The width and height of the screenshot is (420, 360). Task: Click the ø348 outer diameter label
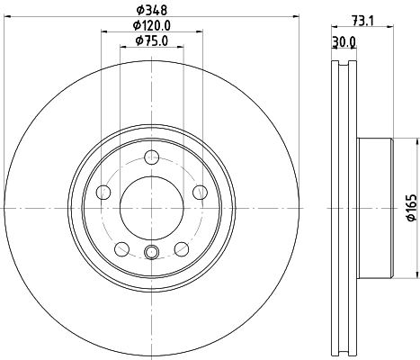151,9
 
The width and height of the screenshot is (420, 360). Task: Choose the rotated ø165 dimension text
408,208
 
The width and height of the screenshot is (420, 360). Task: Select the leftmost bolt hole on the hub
103,192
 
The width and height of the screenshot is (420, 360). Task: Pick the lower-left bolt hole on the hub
121,248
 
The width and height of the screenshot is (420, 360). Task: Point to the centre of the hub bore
151,207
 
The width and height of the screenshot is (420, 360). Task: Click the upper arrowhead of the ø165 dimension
417,141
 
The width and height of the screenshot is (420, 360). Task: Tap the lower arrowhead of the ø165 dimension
417,275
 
